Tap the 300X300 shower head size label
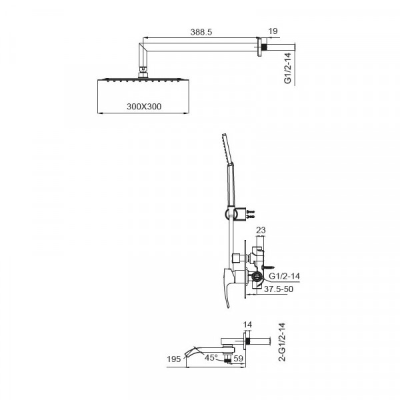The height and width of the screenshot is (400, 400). click(x=143, y=106)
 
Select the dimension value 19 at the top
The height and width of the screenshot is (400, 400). click(x=273, y=31)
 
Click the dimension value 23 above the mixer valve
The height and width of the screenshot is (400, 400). click(x=261, y=230)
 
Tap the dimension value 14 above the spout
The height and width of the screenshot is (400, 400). click(x=248, y=325)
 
